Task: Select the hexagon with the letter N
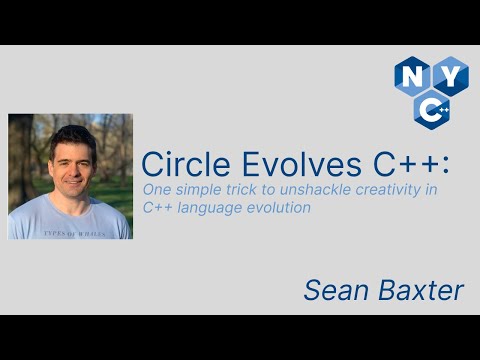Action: point(411,76)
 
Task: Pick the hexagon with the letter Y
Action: point(449,76)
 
